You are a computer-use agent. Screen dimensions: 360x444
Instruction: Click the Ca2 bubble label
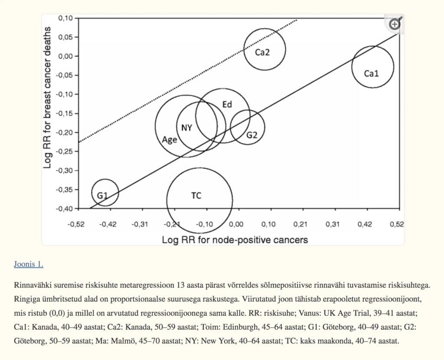[x=262, y=52]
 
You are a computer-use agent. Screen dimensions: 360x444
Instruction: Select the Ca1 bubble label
[x=371, y=74]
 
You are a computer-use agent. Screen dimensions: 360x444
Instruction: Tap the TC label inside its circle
[x=196, y=196]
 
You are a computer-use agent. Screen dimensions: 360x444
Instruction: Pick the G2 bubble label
[x=252, y=135]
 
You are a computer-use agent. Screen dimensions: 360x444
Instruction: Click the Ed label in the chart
[x=227, y=104]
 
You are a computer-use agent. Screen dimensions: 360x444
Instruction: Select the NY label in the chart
[x=186, y=128]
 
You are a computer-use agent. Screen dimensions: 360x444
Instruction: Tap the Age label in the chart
[x=169, y=140]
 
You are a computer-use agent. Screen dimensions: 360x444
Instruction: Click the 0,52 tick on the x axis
[x=397, y=224]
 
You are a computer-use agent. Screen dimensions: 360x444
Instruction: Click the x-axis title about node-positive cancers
[x=235, y=240]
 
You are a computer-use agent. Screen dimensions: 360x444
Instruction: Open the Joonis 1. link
[x=29, y=264]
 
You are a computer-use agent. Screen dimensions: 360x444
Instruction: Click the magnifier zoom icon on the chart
[x=395, y=24]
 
